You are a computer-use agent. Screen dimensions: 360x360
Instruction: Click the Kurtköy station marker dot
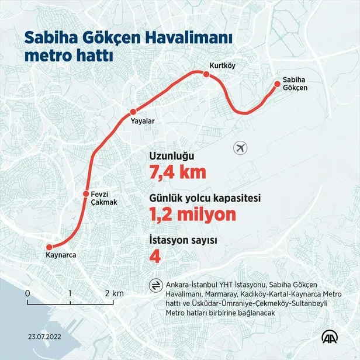click(206, 74)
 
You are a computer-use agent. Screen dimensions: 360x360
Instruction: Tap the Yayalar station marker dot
click(133, 112)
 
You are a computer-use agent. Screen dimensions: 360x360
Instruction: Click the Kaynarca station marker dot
click(50, 247)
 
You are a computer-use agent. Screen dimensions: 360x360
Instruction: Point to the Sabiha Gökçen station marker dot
click(276, 83)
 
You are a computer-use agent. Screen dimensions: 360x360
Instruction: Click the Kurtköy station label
click(222, 65)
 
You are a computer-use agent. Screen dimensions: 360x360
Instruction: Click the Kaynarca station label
click(61, 255)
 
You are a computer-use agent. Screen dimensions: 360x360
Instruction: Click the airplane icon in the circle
click(240, 148)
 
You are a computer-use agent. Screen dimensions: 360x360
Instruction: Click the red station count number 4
click(155, 257)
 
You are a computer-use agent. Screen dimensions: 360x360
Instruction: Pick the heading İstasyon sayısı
click(184, 240)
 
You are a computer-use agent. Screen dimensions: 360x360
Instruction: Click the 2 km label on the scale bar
click(114, 293)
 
